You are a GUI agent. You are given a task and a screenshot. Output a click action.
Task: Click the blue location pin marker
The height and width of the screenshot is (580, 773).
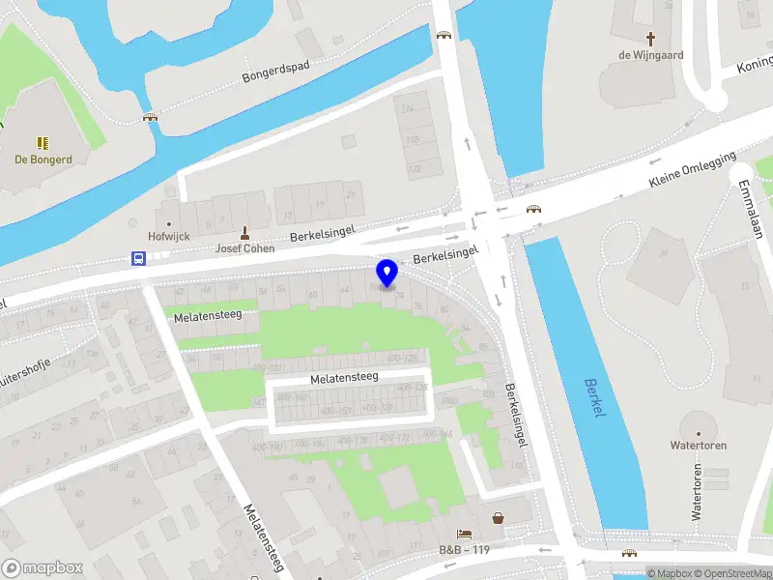[387, 273]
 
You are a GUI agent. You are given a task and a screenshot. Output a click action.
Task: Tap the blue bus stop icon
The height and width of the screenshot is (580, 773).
[139, 258]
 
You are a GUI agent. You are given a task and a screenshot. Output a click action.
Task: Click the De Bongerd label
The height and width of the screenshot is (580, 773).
[43, 159]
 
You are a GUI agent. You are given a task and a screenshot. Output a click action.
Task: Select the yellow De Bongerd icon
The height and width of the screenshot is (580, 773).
[43, 142]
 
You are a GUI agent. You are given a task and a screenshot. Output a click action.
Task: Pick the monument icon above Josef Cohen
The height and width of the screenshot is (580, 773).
[243, 232]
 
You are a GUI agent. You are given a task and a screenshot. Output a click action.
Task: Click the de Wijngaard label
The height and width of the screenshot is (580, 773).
[650, 55]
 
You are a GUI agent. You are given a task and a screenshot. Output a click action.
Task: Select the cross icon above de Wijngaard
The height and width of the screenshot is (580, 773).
[650, 39]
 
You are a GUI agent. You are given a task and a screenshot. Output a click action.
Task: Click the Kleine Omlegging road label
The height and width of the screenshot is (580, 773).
[692, 169]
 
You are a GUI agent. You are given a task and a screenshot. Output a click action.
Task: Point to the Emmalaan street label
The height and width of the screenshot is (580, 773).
[749, 207]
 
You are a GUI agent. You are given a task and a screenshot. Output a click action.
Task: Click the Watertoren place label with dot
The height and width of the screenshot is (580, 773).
[698, 446]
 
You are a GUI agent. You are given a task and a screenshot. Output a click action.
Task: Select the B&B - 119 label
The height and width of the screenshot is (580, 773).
[466, 549]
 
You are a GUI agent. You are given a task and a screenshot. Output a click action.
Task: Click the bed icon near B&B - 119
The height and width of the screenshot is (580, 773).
[465, 534]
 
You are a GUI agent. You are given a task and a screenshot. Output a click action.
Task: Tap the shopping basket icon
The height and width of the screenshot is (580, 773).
[498, 518]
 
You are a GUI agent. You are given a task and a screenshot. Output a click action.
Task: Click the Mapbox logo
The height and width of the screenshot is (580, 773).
[43, 568]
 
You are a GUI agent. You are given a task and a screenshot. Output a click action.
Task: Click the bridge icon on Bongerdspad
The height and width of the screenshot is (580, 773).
[150, 117]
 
